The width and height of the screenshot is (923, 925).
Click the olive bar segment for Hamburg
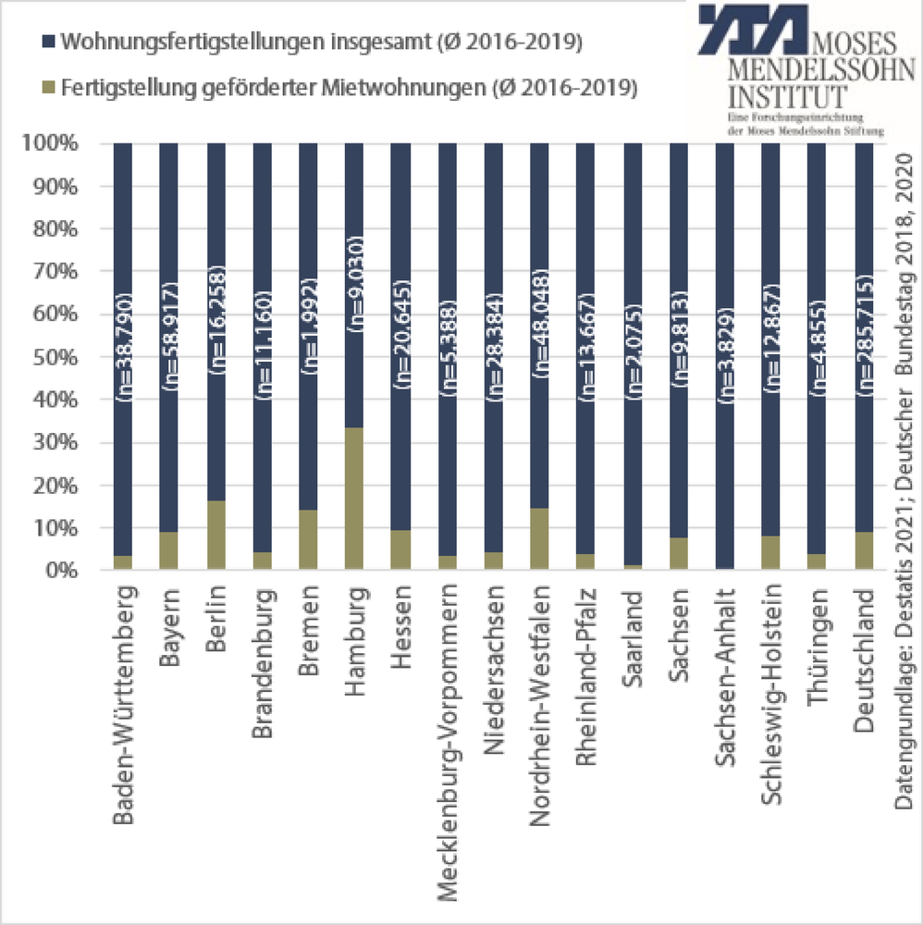point(354,499)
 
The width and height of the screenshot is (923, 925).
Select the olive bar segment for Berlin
point(215,536)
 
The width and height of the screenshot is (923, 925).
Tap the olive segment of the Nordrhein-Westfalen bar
point(539,539)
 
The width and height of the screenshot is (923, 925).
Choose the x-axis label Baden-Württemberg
point(124,703)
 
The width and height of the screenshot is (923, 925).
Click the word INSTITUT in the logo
point(787,95)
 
